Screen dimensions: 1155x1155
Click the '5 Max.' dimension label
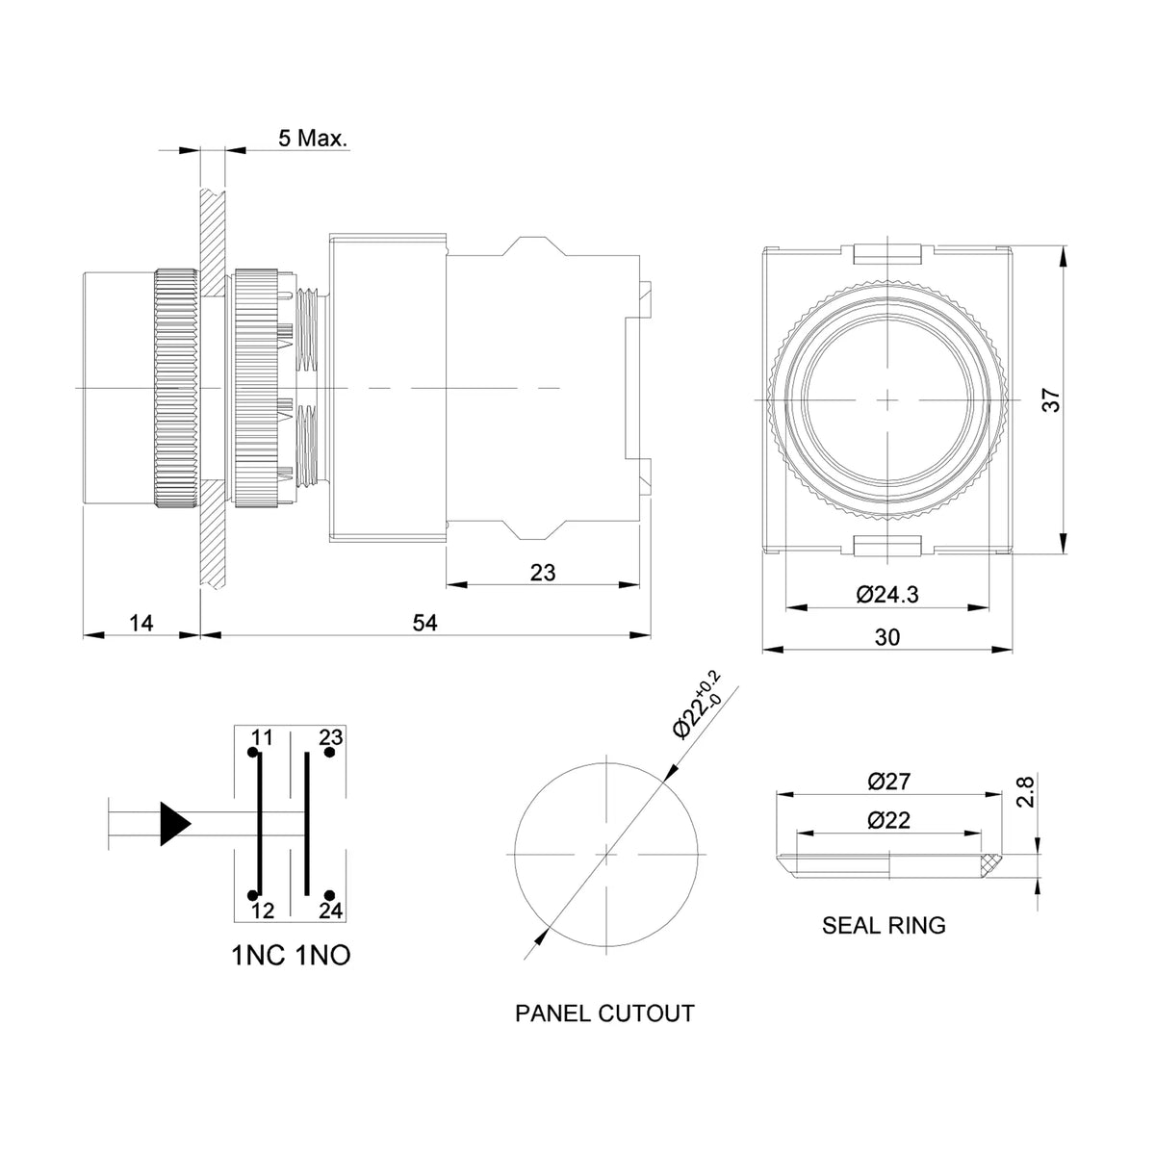point(313,139)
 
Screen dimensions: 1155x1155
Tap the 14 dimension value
point(141,623)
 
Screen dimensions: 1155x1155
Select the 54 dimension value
point(425,623)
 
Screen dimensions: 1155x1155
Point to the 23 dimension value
point(543,573)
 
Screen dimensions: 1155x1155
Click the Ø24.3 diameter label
point(887,594)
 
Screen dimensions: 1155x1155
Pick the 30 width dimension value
point(887,637)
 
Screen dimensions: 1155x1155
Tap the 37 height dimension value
point(1051,400)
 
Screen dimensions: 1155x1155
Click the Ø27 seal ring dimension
point(889,781)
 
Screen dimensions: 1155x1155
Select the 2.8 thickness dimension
point(1026,791)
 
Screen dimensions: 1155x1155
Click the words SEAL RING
point(884,925)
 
